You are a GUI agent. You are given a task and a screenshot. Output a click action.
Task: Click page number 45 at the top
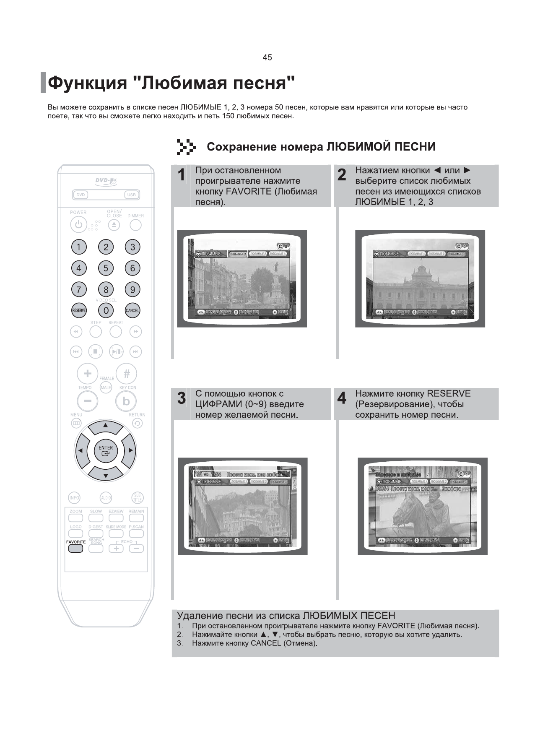267,57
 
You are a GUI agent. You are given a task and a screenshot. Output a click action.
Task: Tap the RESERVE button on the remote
79,310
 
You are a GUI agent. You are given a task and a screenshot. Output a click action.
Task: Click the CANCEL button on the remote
132,310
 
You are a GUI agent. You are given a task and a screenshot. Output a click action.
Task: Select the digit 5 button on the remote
106,268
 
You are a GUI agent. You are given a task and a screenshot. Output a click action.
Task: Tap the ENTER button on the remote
106,450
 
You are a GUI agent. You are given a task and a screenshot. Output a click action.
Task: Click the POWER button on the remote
78,225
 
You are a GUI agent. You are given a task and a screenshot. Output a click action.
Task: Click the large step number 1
181,175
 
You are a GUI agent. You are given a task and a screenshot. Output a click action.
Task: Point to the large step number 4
342,398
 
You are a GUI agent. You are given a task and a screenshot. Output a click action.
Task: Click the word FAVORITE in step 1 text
249,192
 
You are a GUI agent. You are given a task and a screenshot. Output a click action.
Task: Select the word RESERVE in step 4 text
448,394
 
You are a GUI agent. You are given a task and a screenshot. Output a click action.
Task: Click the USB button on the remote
131,195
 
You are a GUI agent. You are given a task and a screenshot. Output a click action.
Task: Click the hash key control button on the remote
126,373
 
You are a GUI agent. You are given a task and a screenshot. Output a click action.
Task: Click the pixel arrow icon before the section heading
186,147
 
